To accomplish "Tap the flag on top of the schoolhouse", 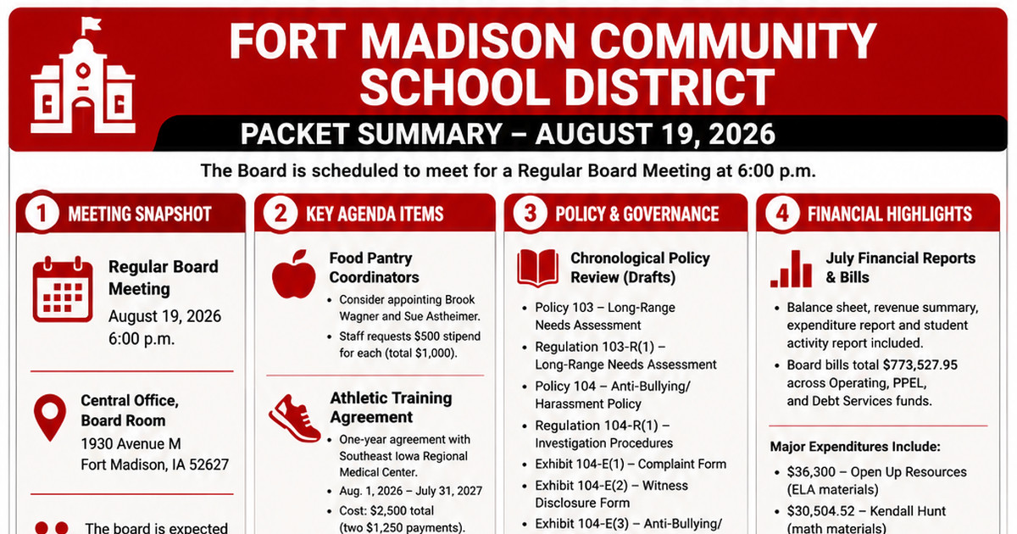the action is tap(91, 25).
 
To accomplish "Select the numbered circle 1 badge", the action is tap(42, 213).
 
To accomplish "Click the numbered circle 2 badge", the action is tap(281, 213).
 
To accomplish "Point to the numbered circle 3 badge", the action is tap(530, 213).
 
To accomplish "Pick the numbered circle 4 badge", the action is tap(781, 213).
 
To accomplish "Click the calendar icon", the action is tap(63, 289).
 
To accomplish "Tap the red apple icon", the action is tap(294, 275).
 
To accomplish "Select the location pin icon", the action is tap(50, 417).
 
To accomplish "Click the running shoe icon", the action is tap(295, 418).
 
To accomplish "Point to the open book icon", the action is tap(537, 268).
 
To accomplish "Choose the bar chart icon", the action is tap(791, 269).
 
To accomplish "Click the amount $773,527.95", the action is tap(920, 365).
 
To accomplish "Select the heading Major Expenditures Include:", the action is tap(855, 447).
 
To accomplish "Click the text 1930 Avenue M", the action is tap(131, 443).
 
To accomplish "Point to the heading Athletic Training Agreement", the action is tap(391, 408).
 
